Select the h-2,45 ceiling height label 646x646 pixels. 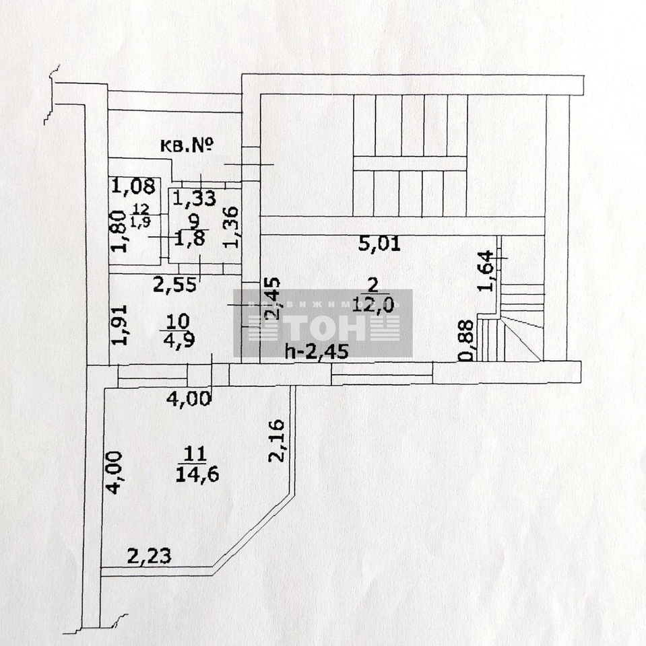[x=317, y=351]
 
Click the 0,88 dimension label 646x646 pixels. [x=465, y=340]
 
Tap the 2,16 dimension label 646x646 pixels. [x=276, y=441]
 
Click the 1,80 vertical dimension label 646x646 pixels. [x=118, y=231]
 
